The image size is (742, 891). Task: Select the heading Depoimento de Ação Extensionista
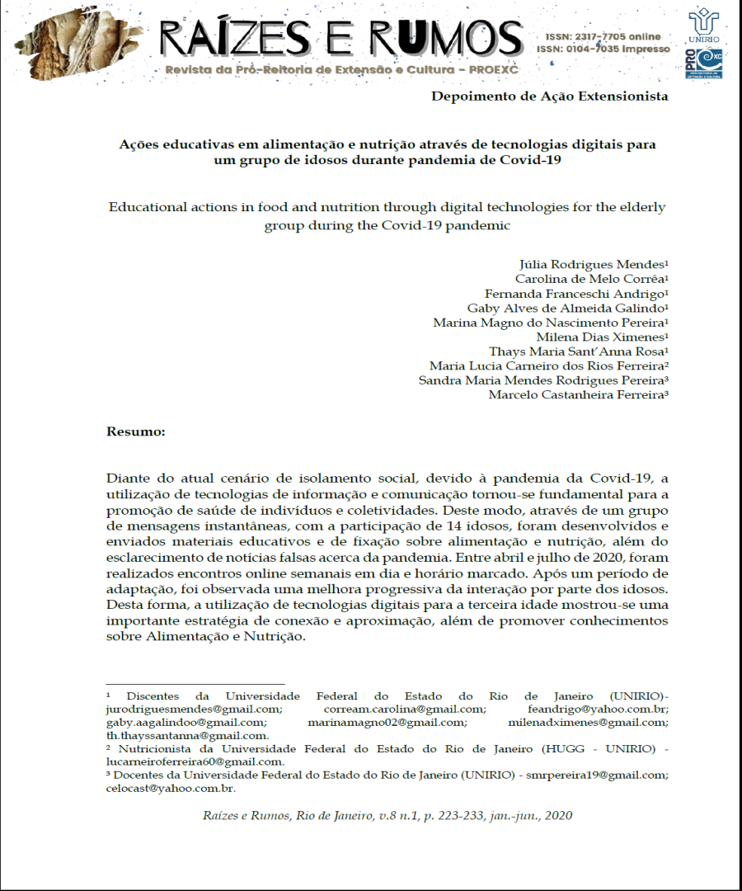pos(549,97)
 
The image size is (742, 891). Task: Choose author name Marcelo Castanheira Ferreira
pos(577,394)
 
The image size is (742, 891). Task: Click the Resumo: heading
pos(136,431)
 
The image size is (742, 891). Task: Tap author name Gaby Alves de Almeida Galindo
pos(567,308)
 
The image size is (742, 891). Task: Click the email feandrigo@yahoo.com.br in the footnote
pos(598,709)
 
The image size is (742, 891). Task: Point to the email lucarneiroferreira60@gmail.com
pos(195,761)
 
